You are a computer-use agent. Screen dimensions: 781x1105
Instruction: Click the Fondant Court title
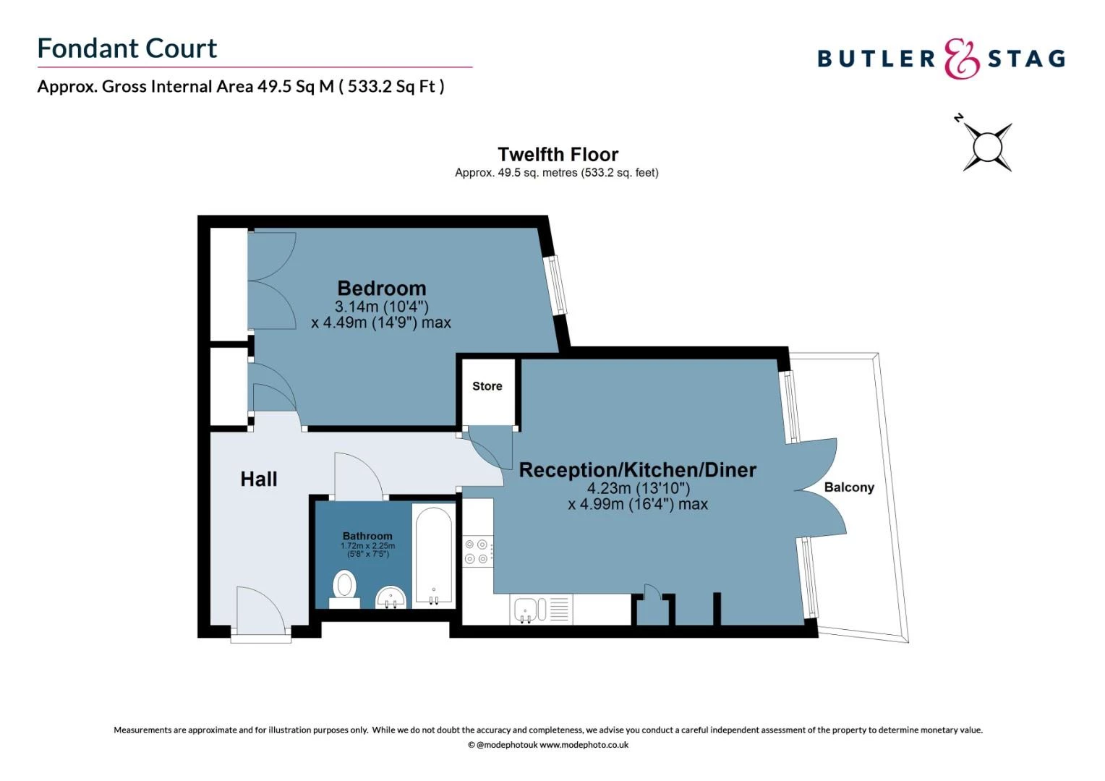(127, 48)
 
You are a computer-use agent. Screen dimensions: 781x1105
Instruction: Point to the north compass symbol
(986, 147)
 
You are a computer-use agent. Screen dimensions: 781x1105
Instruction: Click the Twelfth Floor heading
(558, 155)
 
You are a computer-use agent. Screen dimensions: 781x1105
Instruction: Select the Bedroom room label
(381, 289)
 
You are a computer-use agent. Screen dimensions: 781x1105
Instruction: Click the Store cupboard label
(487, 386)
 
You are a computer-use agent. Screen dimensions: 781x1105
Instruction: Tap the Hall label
(258, 479)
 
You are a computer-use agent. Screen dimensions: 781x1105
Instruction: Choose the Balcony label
(848, 487)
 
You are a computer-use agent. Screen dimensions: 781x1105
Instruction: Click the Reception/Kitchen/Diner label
(637, 470)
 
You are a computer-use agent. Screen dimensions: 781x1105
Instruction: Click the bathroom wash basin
(391, 598)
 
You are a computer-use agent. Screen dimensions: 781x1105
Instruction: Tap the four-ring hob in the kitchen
(477, 551)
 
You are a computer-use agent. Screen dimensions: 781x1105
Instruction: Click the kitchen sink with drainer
(541, 609)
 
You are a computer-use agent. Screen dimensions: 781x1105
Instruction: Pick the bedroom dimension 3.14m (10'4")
(381, 307)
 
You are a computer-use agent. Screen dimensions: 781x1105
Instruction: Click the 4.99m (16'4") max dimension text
(637, 504)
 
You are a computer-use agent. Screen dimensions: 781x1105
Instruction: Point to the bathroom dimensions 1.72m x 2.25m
(367, 546)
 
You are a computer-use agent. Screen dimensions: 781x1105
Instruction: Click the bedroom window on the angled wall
(557, 284)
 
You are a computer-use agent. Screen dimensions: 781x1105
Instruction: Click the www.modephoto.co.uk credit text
(584, 745)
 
